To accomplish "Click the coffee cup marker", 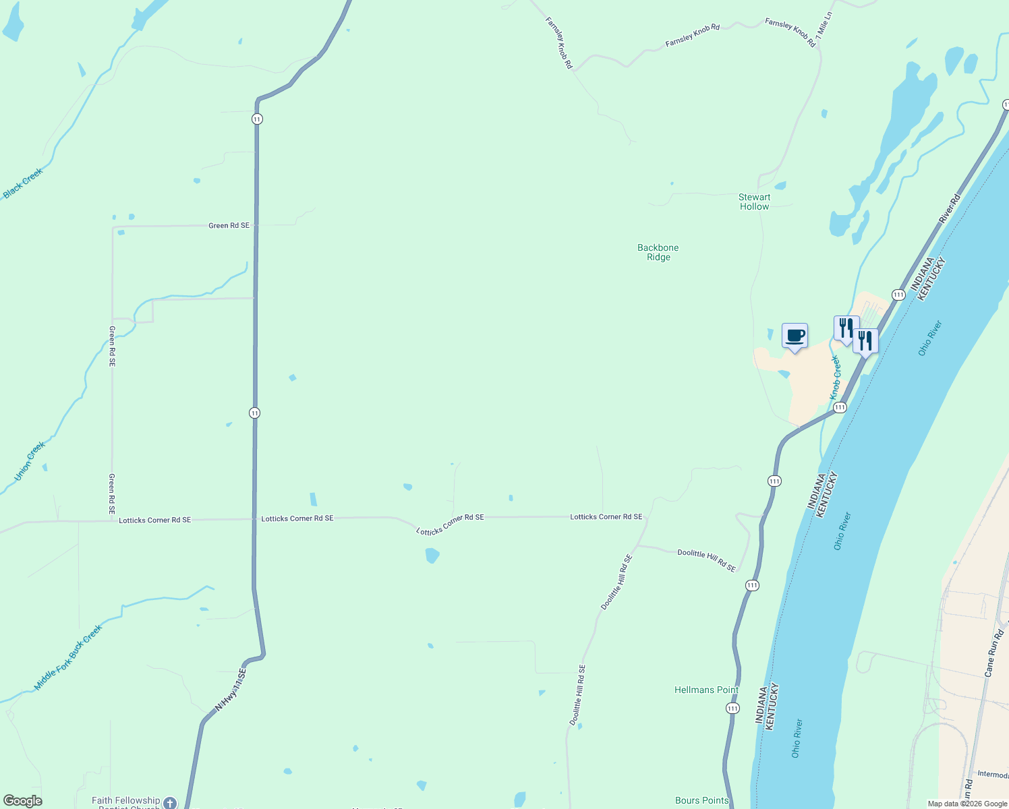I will tap(795, 336).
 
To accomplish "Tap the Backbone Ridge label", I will tap(658, 252).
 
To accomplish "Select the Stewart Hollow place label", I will tap(754, 202).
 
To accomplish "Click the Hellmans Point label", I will tap(706, 690).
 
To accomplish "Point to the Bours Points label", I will tap(701, 800).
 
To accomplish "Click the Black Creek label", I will tap(23, 183).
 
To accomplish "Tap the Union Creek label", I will tap(30, 461).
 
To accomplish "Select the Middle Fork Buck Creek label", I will tap(68, 657).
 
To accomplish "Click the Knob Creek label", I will tap(836, 378).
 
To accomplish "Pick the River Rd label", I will tap(950, 208).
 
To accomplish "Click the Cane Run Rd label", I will tap(994, 653).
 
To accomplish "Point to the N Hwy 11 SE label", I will tap(231, 690).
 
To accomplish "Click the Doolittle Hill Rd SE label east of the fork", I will tap(706, 560).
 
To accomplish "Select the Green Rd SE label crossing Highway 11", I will tap(229, 225).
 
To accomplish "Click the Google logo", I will tap(23, 801).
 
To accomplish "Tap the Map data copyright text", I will tap(967, 804).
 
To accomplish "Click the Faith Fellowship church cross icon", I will tap(169, 802).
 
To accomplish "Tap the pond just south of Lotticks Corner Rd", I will tap(432, 556).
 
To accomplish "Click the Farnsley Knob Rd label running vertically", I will tap(558, 43).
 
